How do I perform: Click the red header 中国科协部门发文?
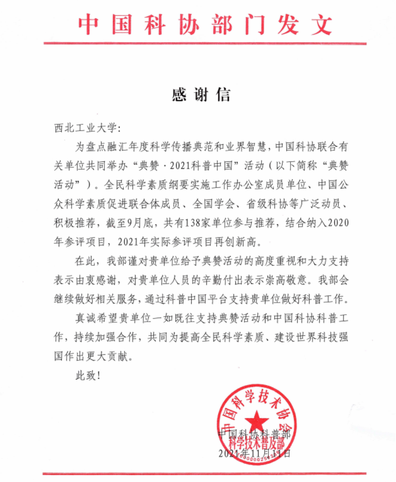(x=205, y=24)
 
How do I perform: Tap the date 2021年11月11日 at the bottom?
(x=254, y=453)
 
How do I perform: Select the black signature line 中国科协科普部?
(x=254, y=433)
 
